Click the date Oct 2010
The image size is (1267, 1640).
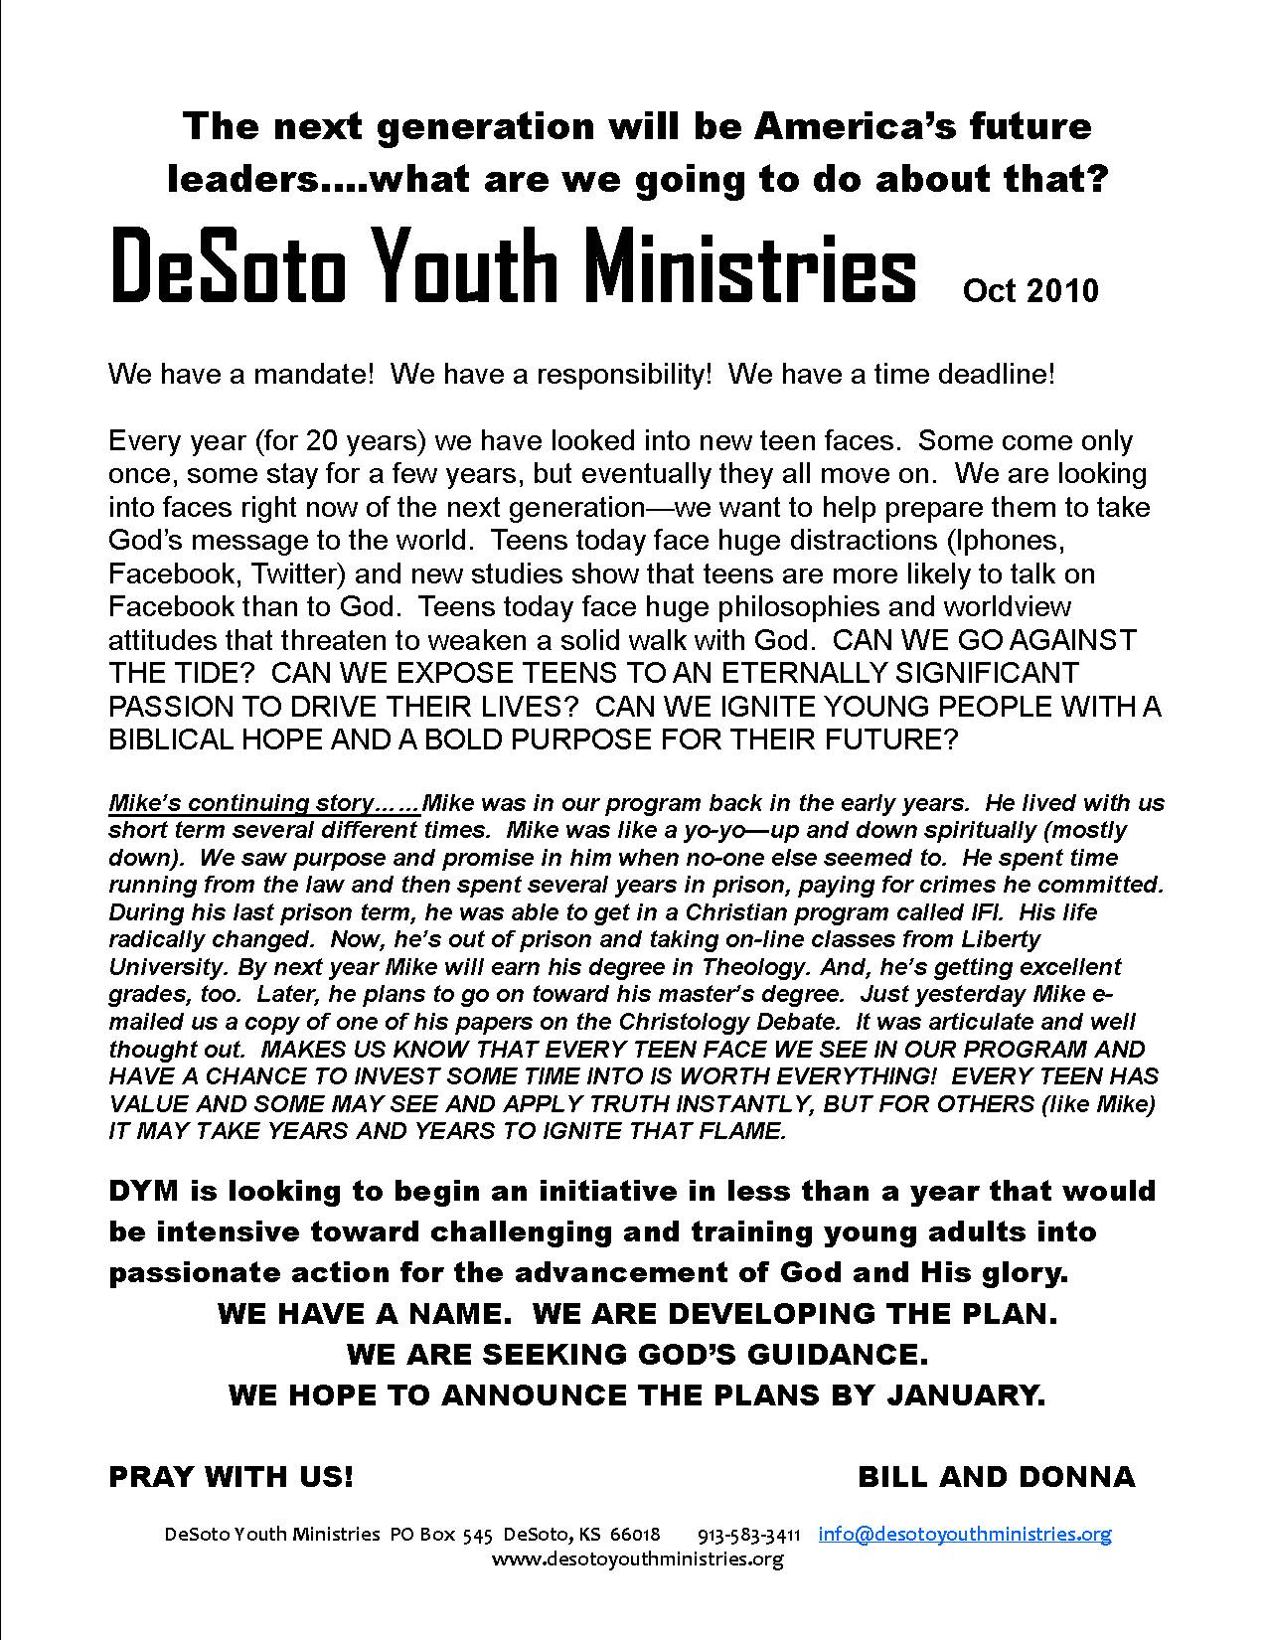point(1029,290)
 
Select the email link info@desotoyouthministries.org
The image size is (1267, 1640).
point(964,1534)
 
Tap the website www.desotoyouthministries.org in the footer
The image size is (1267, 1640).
point(637,1558)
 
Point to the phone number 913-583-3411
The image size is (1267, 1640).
point(749,1535)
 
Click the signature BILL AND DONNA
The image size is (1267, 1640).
point(996,1477)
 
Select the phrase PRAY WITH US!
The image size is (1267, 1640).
point(231,1477)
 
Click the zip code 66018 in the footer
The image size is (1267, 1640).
point(634,1535)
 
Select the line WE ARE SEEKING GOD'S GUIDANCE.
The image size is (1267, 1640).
point(637,1354)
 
